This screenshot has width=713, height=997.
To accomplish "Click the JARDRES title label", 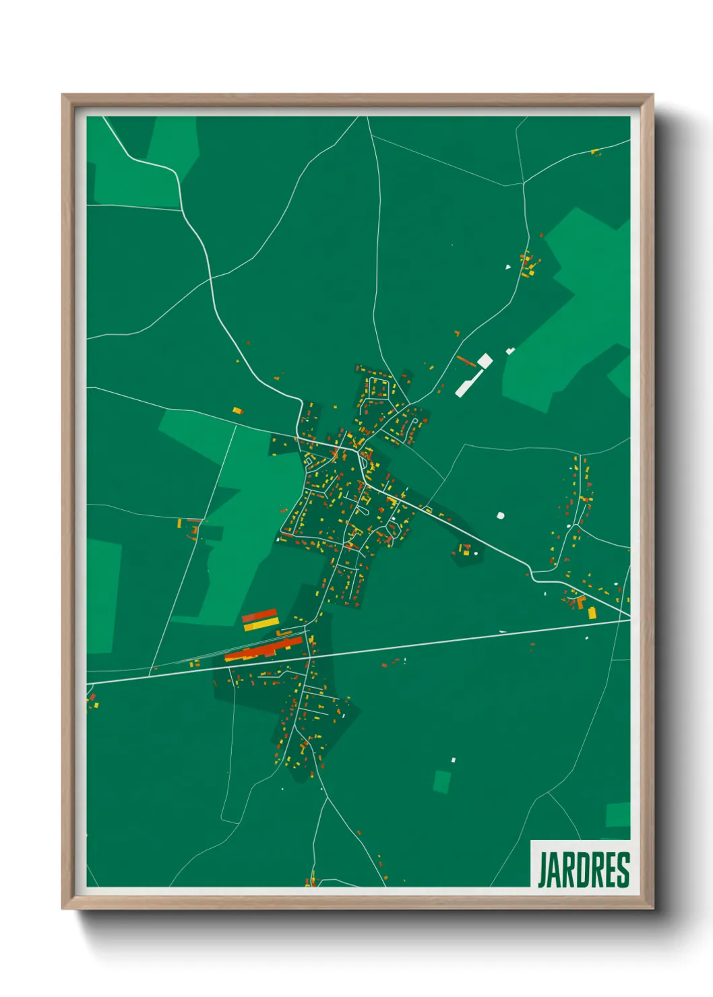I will pyautogui.click(x=583, y=870).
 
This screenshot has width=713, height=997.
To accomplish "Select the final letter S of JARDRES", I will pyautogui.click(x=623, y=870).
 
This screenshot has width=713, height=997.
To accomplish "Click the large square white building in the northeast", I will pyautogui.click(x=485, y=360).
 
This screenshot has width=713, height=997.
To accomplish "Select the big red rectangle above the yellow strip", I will pyautogui.click(x=259, y=616).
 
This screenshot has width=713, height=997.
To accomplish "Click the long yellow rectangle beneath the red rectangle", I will pyautogui.click(x=261, y=625).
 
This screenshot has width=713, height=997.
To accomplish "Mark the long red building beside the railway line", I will pyautogui.click(x=264, y=649).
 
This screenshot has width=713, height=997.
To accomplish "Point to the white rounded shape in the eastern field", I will pyautogui.click(x=500, y=516).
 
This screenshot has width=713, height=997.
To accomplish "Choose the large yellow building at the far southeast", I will pyautogui.click(x=592, y=612).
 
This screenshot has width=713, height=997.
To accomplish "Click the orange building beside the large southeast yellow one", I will pyautogui.click(x=582, y=602).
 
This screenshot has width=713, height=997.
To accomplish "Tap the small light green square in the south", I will pyautogui.click(x=442, y=781).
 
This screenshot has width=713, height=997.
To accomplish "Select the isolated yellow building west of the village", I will pyautogui.click(x=237, y=410).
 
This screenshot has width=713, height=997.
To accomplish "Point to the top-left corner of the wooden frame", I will pyautogui.click(x=63, y=96).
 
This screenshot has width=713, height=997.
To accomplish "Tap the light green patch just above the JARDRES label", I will pyautogui.click(x=618, y=815).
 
